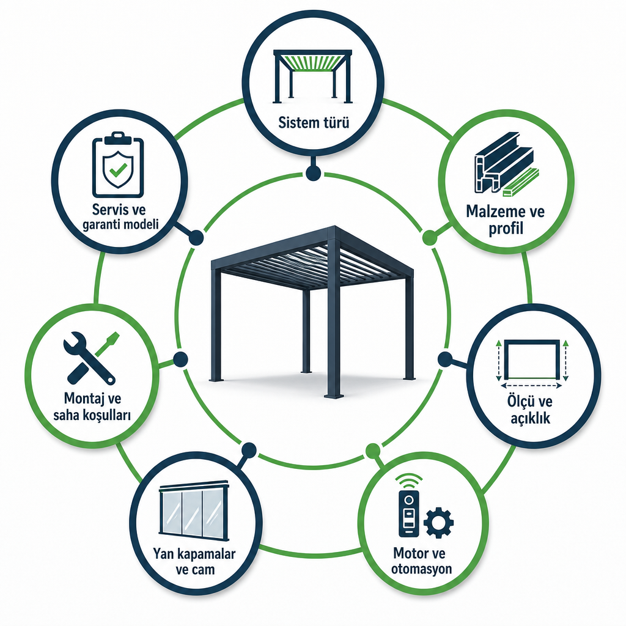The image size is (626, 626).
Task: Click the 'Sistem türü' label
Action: [x=314, y=122]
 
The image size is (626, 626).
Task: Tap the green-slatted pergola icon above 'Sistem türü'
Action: [x=312, y=76]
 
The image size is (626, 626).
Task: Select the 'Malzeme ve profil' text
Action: [x=506, y=220]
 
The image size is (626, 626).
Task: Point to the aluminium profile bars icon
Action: [x=506, y=164]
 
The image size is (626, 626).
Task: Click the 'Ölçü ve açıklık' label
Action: [x=530, y=410]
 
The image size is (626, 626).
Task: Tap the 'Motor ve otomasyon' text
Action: [x=421, y=561]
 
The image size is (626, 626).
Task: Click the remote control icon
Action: [x=408, y=505]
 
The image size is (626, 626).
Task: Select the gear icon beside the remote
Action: [x=438, y=523]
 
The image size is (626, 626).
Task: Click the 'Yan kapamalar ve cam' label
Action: [x=195, y=561]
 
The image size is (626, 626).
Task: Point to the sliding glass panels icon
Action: [x=194, y=510]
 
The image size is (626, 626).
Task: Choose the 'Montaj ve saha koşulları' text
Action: [x=92, y=407]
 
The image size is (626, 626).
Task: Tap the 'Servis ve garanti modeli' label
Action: [x=120, y=217]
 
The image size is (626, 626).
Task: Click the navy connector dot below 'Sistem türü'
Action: [x=313, y=173]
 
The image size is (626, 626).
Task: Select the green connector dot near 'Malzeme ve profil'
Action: [x=430, y=238]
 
